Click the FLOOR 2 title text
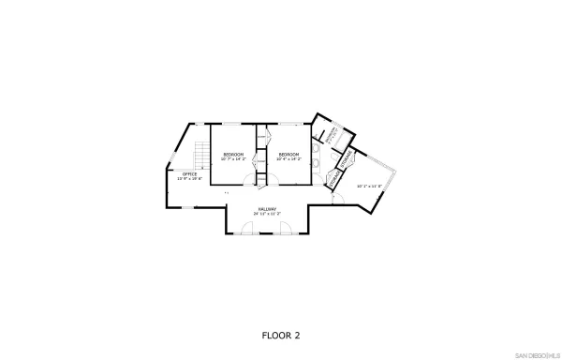[281, 334]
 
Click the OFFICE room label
[189, 173]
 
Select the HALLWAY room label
[268, 209]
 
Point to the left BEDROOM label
[233, 154]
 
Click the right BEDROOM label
[288, 154]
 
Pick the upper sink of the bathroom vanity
[315, 147]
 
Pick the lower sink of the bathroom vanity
[315, 163]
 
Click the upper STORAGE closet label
[344, 159]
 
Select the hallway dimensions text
[268, 214]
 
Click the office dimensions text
[189, 178]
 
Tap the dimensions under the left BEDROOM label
[233, 158]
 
